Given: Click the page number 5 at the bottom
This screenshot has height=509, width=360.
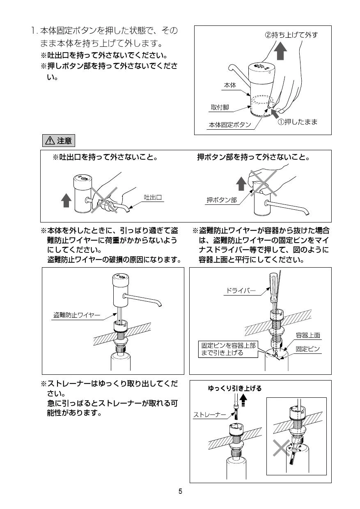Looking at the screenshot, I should [x=180, y=491].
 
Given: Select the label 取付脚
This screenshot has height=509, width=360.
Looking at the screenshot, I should [x=220, y=108].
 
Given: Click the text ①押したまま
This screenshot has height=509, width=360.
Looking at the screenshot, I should [x=298, y=122].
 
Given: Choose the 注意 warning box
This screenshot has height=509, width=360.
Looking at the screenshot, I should [x=59, y=141].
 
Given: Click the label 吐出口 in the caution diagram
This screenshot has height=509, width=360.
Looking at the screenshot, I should [x=153, y=197].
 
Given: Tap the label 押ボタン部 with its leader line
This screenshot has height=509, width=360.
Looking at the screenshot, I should [x=222, y=200].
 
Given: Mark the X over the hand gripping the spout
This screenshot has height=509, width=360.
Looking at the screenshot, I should [x=104, y=200].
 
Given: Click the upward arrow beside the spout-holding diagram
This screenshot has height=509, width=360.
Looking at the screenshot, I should [x=66, y=201].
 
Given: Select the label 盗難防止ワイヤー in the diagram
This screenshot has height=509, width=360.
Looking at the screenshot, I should [x=77, y=315].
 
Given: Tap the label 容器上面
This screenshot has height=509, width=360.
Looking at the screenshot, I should [x=308, y=335].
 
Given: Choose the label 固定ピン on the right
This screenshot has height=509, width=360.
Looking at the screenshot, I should [x=308, y=349].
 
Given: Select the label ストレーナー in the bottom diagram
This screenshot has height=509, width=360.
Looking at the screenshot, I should [x=209, y=415].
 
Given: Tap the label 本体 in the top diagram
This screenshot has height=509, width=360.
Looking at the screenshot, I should [x=229, y=85].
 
